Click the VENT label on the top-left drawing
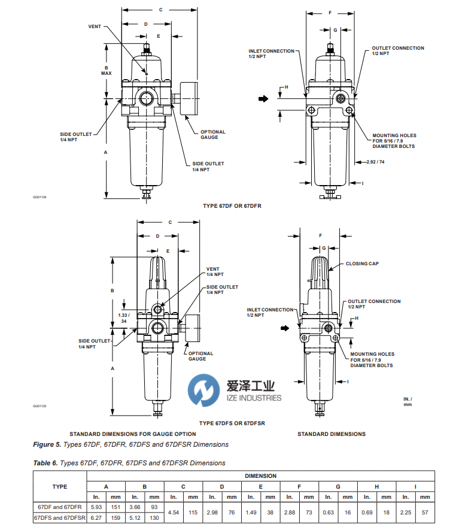(x=95, y=27)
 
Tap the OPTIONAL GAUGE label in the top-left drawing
(x=212, y=135)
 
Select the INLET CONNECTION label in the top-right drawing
(x=271, y=53)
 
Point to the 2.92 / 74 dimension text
(x=375, y=162)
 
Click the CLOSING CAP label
(x=361, y=263)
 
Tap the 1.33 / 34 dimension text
(x=123, y=317)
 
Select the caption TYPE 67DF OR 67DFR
(x=232, y=206)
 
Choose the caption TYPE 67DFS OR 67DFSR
(x=232, y=423)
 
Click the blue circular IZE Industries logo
(x=201, y=390)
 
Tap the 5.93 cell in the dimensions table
(x=96, y=507)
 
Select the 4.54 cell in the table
(x=174, y=513)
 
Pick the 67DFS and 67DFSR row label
(x=60, y=518)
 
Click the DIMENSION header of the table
(x=260, y=476)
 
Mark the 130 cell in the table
(x=154, y=518)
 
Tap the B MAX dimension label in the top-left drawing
(x=107, y=71)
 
